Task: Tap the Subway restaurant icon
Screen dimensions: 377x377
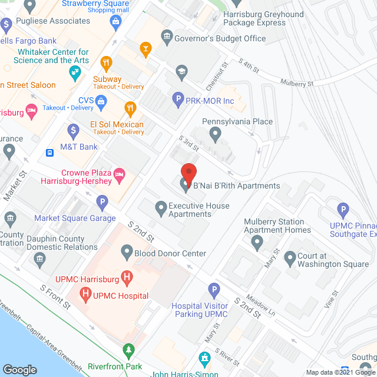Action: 107,62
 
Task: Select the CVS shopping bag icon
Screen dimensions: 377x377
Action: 102,101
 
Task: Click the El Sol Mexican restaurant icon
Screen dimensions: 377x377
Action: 130,108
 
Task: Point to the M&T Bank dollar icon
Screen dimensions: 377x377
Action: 73,130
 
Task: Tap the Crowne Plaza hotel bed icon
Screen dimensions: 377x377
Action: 120,173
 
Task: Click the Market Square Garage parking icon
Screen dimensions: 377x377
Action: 102,203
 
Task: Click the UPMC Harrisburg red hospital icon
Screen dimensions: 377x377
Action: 125,276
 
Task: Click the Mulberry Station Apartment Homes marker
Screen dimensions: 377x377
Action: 257,242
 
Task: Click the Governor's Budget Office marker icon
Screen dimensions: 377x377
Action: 167,38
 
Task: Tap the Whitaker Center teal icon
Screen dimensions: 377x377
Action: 75,73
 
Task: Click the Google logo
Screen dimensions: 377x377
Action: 19,369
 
